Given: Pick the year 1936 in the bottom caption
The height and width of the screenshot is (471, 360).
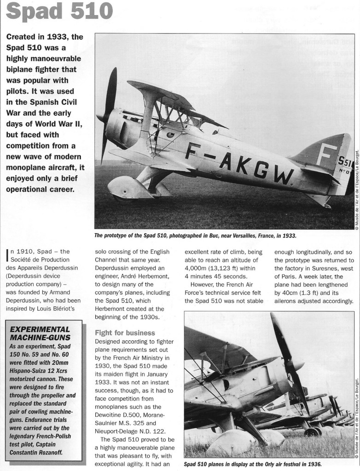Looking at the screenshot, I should point(314,464).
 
